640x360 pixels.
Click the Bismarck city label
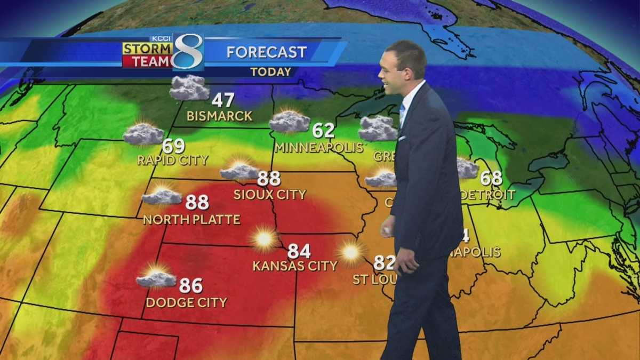point(219,116)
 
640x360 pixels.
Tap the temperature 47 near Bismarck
point(223,100)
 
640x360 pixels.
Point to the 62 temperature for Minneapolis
point(323,131)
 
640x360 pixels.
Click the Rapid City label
point(172,160)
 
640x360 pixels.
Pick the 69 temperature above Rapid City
point(174,145)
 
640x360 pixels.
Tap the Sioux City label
point(270,194)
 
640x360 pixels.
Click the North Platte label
point(191,219)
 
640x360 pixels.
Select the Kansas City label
point(295,266)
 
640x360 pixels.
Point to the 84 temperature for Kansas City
point(299,251)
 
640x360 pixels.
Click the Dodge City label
point(186,302)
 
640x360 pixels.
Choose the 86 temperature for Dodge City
point(191,286)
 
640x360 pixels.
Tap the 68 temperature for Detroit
point(491,178)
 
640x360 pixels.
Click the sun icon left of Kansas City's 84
point(265,238)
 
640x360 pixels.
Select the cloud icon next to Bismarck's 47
point(189,88)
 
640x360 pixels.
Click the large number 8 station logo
point(188,52)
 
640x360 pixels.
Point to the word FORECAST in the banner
point(267,52)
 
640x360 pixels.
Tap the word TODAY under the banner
point(271,71)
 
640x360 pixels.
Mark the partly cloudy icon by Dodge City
point(156,277)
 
